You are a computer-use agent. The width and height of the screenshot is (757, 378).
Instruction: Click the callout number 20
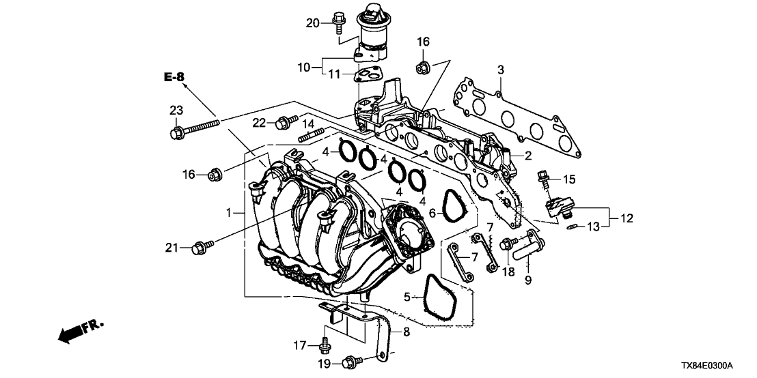coord(312,23)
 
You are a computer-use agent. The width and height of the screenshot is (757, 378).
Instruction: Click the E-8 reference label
coord(174,77)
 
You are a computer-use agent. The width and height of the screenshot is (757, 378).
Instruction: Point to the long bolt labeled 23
coord(195,128)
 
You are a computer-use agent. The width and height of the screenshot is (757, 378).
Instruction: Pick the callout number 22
coord(260,122)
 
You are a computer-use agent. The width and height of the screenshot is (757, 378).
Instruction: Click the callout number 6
coord(432,214)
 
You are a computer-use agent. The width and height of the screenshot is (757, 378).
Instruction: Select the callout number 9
coord(527,279)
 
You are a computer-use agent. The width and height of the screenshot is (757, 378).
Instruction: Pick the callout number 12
coord(627,218)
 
